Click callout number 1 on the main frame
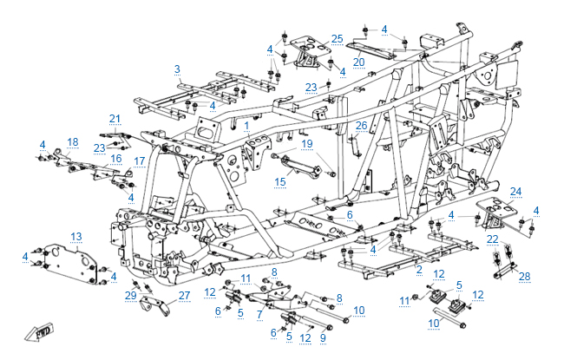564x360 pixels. (x=246, y=126)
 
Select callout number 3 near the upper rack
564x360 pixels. (x=177, y=69)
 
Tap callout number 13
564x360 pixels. (x=76, y=236)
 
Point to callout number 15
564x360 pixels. (x=279, y=182)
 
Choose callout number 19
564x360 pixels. (x=306, y=143)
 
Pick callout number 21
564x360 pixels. (x=114, y=119)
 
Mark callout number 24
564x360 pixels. (x=515, y=191)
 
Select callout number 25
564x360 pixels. (x=338, y=39)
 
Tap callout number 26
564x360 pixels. (x=362, y=126)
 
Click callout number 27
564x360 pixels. (x=184, y=296)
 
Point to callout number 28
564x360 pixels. (x=523, y=276)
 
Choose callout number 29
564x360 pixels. (x=131, y=296)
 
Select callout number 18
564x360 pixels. (x=73, y=142)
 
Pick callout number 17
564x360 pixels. (x=139, y=160)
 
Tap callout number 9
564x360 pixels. (x=323, y=337)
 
